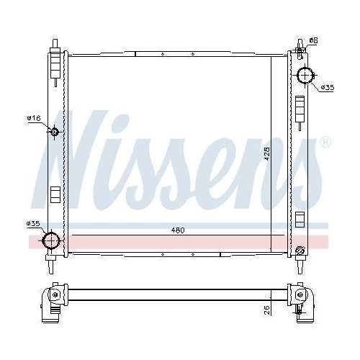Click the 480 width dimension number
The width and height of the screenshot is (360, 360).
click(178, 230)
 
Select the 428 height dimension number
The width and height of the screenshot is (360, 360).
click(266, 153)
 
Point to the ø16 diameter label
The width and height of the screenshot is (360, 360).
click(33, 117)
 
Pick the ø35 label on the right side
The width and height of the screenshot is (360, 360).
click(328, 87)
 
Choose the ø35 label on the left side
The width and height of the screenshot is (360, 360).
click(33, 223)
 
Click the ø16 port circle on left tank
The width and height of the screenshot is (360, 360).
click(54, 131)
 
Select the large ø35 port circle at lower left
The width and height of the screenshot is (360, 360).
click(52, 240)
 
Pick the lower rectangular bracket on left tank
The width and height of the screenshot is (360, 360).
click(54, 194)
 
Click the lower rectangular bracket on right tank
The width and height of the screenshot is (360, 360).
click(300, 220)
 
